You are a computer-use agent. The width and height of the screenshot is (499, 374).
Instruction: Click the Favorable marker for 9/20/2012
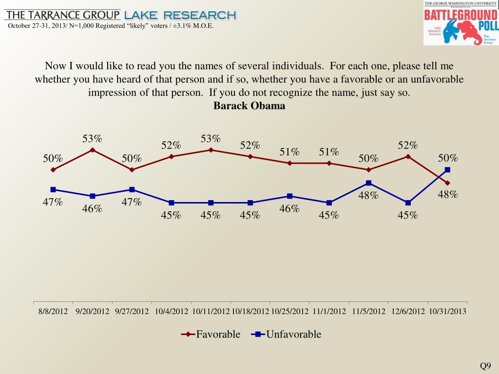pos(92,150)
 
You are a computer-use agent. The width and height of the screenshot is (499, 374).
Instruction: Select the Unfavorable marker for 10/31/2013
pos(448,169)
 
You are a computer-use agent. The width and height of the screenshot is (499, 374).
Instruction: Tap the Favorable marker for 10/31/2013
pos(448,183)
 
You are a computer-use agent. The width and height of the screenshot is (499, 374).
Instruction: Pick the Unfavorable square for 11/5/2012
pos(369,183)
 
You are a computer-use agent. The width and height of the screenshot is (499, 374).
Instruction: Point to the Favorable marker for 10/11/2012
pos(211,150)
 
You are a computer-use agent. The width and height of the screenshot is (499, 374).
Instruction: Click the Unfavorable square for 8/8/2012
pos(53,189)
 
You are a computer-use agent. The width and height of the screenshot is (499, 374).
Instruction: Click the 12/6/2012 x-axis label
pos(408,311)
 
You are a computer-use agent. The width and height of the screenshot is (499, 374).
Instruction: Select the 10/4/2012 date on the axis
pos(171,311)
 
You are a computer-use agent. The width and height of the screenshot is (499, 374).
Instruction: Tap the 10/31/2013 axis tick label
pos(447,311)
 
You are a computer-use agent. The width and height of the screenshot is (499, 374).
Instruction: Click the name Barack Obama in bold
pos(249,106)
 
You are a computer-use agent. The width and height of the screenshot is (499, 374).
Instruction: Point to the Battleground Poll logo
pos(461,23)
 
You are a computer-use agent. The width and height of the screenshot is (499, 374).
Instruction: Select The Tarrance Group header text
pos(62,15)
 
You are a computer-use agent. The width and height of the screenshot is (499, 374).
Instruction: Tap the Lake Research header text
pos(180,16)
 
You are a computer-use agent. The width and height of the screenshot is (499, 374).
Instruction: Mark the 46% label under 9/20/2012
pos(92,209)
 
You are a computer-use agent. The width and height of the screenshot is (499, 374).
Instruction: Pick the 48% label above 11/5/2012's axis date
pos(368,196)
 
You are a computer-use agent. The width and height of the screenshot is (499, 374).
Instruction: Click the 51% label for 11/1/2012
pos(329,152)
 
